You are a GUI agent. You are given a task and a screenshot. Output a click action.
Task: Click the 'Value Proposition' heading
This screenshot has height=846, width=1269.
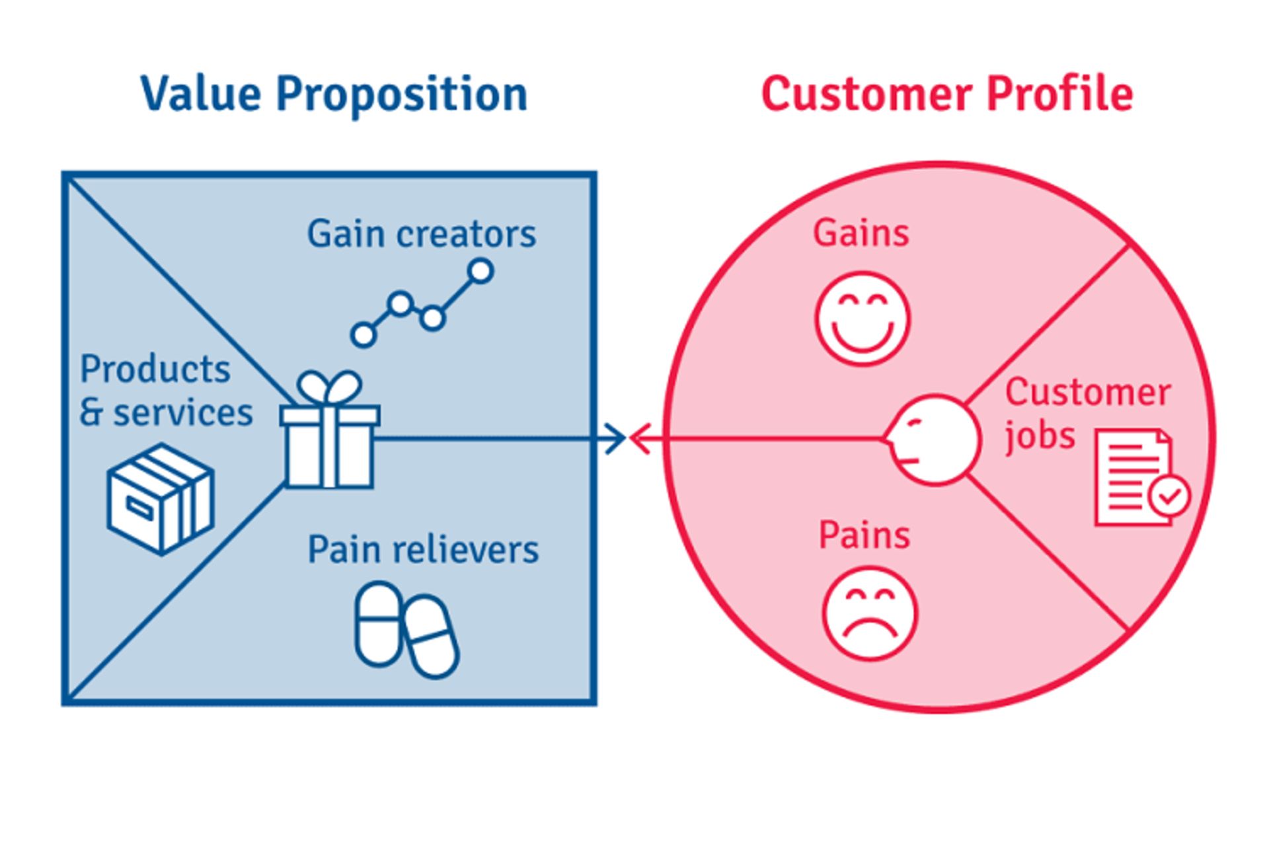(x=334, y=94)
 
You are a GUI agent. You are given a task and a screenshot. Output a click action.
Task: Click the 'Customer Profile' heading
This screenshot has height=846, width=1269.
(x=947, y=94)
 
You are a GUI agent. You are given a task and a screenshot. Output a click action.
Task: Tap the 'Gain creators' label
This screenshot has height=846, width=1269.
(x=421, y=234)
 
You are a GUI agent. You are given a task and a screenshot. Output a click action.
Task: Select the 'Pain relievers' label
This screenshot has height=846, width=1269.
(x=423, y=550)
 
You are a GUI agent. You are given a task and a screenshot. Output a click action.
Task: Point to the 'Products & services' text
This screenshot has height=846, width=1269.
(x=165, y=391)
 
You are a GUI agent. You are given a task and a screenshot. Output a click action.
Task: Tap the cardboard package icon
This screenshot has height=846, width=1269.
(x=161, y=498)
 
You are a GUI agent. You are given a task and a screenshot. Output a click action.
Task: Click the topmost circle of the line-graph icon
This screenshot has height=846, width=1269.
(x=480, y=271)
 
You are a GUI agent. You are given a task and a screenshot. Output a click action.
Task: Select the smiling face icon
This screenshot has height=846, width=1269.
(x=863, y=319)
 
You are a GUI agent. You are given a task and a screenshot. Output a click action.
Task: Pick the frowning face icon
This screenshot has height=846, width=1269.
(x=870, y=613)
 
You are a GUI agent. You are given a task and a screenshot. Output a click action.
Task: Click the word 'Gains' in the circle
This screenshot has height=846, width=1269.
(x=861, y=233)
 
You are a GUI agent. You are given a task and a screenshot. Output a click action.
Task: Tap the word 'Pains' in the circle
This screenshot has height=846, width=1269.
(x=864, y=535)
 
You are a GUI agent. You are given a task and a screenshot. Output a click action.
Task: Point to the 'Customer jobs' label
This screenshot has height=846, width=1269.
(x=1087, y=412)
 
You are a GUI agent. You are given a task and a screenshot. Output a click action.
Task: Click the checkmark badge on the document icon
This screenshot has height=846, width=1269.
(x=1169, y=496)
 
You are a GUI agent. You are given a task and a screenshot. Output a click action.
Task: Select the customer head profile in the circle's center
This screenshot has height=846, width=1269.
(x=933, y=440)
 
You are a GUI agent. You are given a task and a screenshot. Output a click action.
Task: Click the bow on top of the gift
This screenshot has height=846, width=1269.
(x=328, y=387)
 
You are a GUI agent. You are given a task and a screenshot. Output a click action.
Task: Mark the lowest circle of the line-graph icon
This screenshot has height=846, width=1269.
(x=364, y=335)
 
